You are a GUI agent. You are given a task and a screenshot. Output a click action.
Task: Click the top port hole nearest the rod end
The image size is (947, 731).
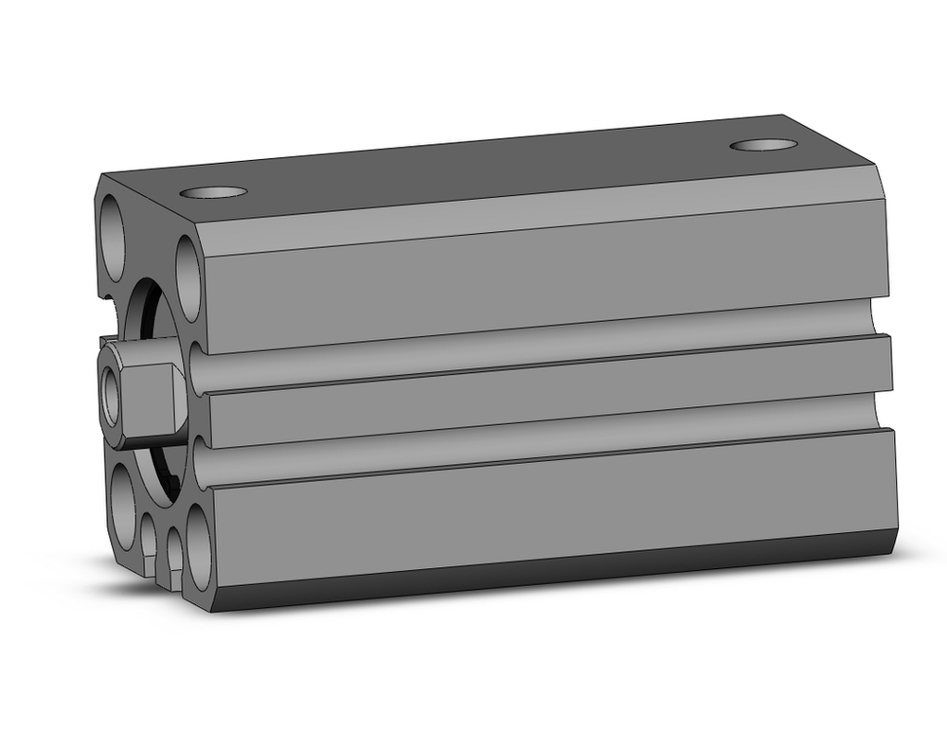[213, 192]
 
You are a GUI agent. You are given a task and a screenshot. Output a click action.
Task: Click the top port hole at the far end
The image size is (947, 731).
[763, 145]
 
